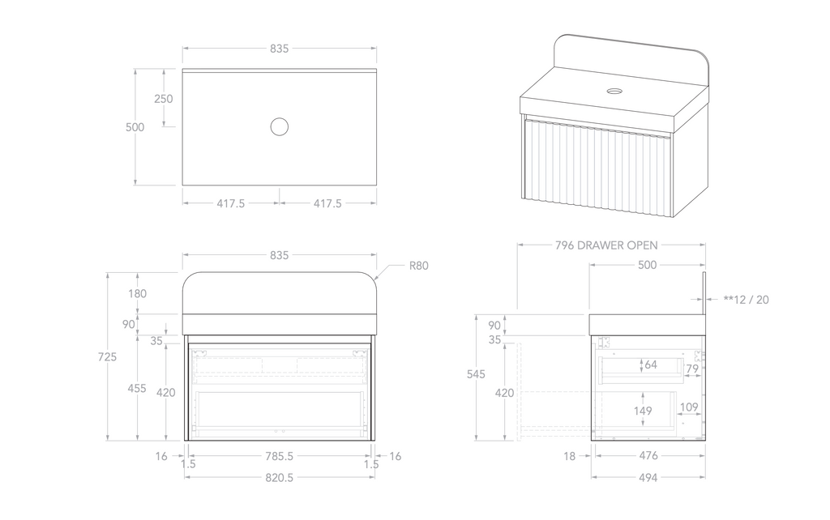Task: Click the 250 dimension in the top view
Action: [164, 98]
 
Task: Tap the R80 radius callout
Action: [419, 265]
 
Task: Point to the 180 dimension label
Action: [138, 293]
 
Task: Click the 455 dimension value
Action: [138, 388]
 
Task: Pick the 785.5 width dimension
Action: [279, 456]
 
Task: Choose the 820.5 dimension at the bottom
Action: [279, 477]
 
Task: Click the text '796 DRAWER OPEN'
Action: [606, 245]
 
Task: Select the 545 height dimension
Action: [477, 374]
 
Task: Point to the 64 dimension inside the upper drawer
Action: [651, 364]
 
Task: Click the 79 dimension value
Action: [691, 369]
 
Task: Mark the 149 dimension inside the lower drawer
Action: [644, 411]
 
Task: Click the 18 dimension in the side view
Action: [570, 456]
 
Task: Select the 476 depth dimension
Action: [648, 456]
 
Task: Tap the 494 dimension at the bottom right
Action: [648, 477]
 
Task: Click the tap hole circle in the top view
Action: [279, 126]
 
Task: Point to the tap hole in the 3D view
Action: [614, 91]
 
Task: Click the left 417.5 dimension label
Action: [231, 203]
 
